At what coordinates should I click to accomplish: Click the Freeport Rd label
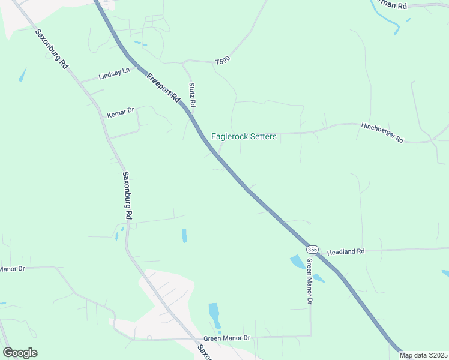(x=163, y=88)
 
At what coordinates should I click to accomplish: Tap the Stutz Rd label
(x=193, y=95)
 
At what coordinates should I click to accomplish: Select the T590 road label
(x=223, y=62)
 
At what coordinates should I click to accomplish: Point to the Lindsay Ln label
(x=114, y=74)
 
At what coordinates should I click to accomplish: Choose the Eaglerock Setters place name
(x=244, y=137)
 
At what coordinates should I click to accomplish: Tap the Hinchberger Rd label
(x=382, y=133)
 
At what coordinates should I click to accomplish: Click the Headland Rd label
(x=346, y=252)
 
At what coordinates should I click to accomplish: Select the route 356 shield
(x=312, y=249)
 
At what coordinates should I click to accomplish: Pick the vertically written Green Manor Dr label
(x=309, y=280)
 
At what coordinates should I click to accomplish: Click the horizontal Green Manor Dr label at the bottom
(x=226, y=339)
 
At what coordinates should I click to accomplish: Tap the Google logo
(x=20, y=353)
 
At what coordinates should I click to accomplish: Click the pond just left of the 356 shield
(x=297, y=262)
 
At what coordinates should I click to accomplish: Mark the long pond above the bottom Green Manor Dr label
(x=214, y=313)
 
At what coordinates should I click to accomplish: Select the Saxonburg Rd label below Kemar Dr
(x=127, y=195)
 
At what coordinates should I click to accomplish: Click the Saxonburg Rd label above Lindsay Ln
(x=52, y=49)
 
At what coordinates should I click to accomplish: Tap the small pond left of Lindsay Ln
(x=23, y=75)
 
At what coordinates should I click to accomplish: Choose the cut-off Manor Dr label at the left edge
(x=13, y=269)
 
